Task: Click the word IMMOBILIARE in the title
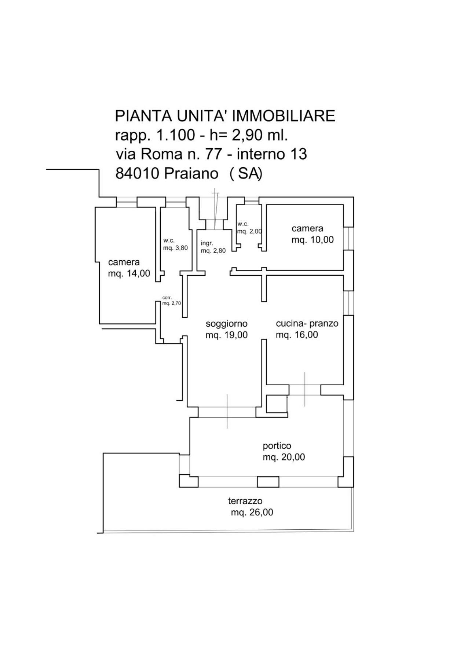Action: pos(284,116)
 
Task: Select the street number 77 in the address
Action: pos(213,154)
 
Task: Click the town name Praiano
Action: pos(191,173)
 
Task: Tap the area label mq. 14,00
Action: pos(129,273)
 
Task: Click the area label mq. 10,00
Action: pos(312,240)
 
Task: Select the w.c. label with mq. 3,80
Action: pos(175,245)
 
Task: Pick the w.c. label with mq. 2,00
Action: pos(249,228)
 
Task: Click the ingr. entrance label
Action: pos(207,243)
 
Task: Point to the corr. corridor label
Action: pos(167,298)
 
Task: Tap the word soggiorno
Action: pos(227,324)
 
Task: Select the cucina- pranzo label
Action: pos(307,323)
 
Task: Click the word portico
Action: pos(277,446)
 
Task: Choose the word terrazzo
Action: pos(245,501)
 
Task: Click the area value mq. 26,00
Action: pos(252,512)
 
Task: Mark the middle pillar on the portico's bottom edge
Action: pos(268,482)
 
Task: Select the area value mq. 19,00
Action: pos(227,335)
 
